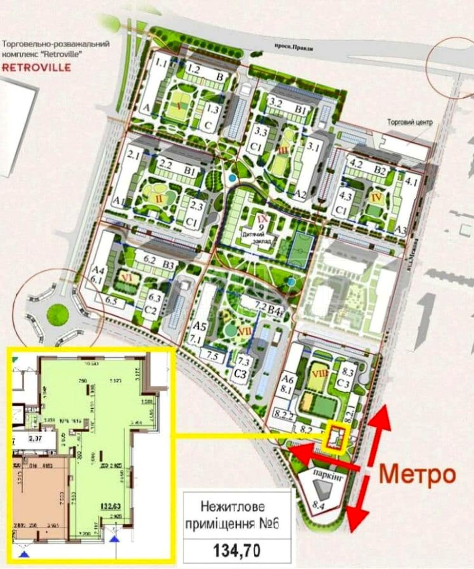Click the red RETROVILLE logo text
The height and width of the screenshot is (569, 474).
pos(37,67)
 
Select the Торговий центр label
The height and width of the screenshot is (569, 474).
pos(410,122)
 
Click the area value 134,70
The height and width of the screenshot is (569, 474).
pos(237,550)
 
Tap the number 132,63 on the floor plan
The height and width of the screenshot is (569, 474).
pos(110,505)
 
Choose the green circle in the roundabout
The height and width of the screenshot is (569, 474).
pos(58,314)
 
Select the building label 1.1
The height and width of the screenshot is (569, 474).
pos(162,62)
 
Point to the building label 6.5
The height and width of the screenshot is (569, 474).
pos(112,300)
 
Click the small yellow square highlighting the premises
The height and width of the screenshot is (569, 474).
pos(336,438)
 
